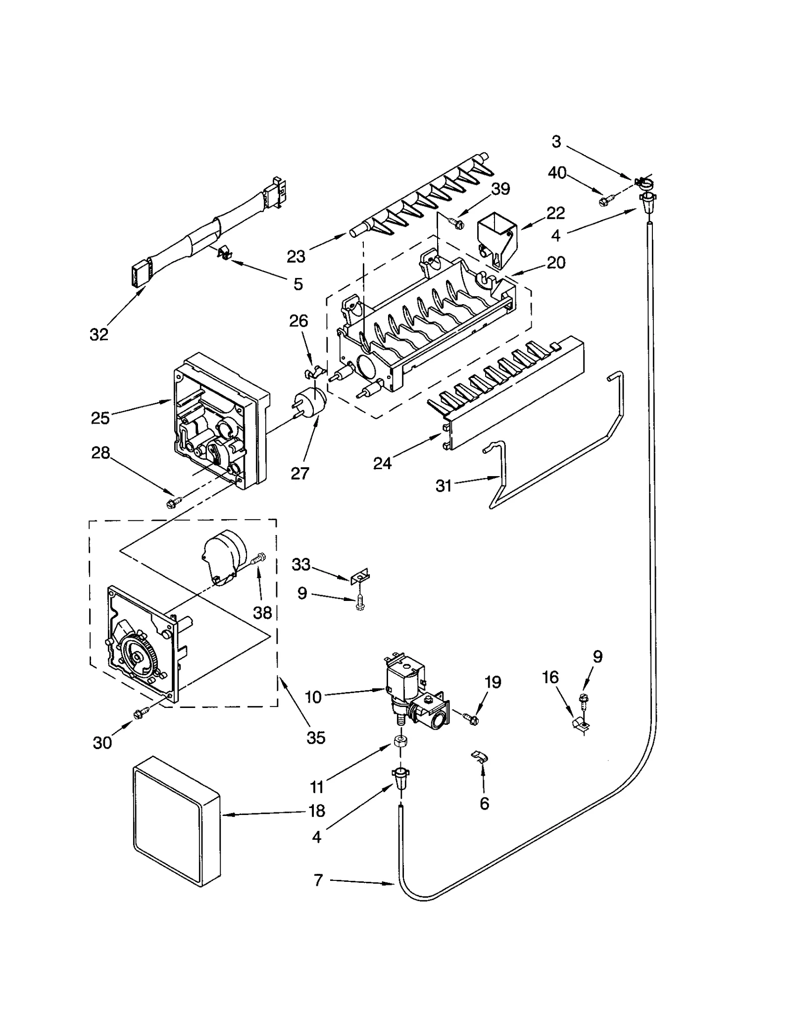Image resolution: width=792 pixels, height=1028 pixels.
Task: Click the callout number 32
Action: (x=99, y=335)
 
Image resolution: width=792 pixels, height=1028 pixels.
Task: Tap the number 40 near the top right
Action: (x=557, y=173)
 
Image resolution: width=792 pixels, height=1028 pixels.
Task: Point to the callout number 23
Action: (x=297, y=257)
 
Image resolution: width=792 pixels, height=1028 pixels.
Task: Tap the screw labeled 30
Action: (x=138, y=713)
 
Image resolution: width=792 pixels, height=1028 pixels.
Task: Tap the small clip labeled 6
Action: (x=479, y=756)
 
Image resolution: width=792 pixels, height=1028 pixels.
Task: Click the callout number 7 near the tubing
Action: (x=318, y=880)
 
